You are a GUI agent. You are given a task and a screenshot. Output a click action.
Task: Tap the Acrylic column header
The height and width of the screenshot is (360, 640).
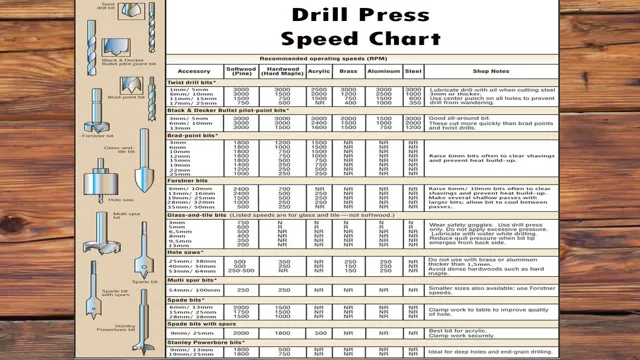click(319, 72)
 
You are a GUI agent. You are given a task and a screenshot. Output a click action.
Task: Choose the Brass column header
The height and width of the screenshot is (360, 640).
click(348, 72)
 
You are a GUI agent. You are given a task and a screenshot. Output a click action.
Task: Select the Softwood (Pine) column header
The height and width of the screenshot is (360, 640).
click(241, 72)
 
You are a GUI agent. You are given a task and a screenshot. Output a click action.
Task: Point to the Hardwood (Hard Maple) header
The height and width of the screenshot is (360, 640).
click(283, 72)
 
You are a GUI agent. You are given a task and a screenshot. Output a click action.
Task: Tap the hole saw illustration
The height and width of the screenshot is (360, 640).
click(103, 185)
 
